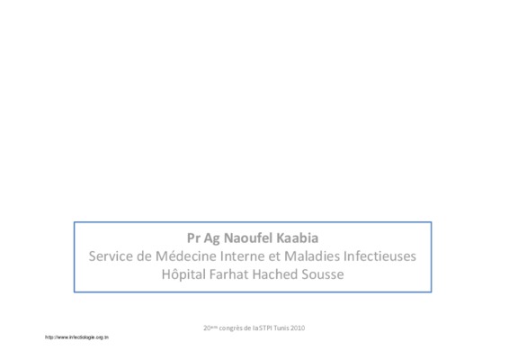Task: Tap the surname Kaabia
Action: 298,238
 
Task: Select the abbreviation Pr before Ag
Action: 193,238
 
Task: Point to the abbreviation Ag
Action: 211,238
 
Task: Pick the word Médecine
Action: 186,256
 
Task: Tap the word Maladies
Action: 312,256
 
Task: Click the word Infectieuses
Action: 380,256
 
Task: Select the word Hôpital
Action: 183,274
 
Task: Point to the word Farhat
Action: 228,274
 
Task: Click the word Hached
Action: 275,274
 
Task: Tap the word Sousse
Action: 323,274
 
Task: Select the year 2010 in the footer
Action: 298,328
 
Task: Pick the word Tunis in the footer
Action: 281,328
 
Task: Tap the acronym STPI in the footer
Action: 265,328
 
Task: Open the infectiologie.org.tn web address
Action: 77,337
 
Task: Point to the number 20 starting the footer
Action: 207,328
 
